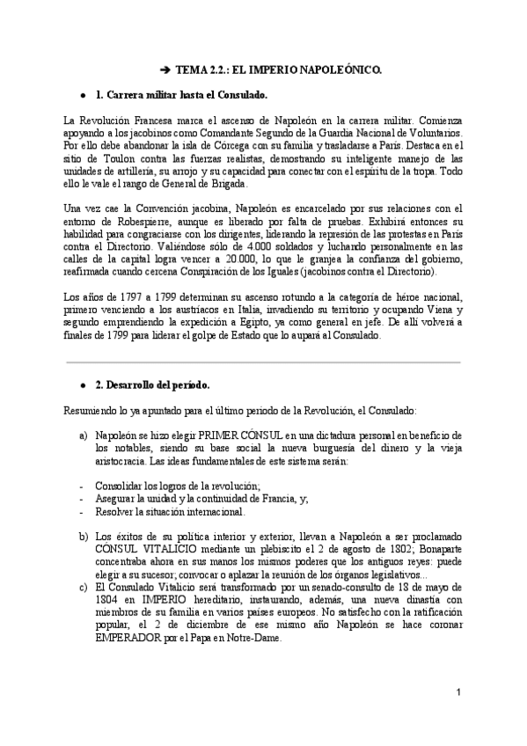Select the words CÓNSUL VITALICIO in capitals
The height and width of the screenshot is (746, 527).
[135, 547]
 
